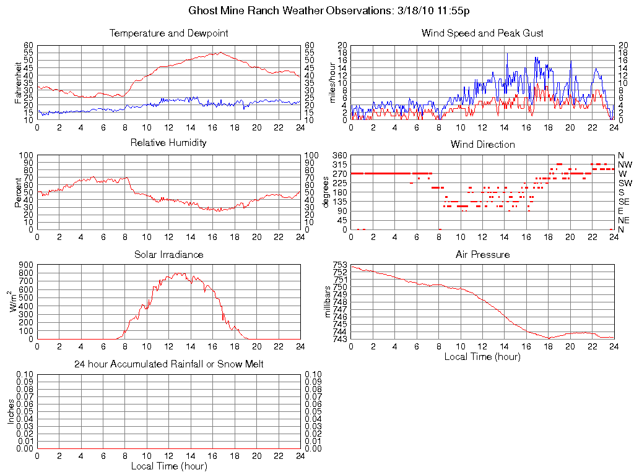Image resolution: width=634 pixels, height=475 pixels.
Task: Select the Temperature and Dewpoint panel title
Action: click(x=169, y=33)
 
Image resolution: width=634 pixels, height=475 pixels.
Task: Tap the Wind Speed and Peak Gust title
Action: click(x=482, y=33)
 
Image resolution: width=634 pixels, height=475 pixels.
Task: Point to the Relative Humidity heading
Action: click(x=169, y=143)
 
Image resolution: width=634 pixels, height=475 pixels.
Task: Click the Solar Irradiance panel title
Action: click(x=169, y=255)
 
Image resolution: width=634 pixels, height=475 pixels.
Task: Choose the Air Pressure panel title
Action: click(x=482, y=255)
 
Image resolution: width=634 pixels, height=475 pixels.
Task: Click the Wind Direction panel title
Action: click(x=482, y=145)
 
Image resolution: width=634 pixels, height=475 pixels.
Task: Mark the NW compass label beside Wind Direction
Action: click(x=625, y=165)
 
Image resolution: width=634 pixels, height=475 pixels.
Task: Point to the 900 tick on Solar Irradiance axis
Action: click(x=25, y=265)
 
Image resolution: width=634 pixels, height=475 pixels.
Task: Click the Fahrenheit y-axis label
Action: click(x=19, y=82)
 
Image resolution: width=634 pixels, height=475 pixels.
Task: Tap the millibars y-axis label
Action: click(x=329, y=301)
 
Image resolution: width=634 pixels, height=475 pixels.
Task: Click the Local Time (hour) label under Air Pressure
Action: click(x=482, y=356)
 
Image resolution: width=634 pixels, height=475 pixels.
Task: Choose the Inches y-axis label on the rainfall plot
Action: click(x=11, y=411)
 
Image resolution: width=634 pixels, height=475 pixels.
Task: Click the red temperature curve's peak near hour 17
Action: click(x=220, y=53)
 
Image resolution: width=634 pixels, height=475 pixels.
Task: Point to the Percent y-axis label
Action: click(x=19, y=192)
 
